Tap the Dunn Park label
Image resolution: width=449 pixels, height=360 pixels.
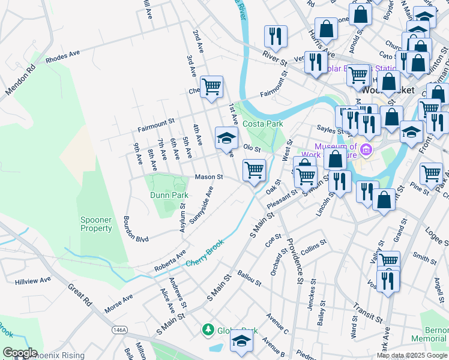pyautogui.click(x=169, y=195)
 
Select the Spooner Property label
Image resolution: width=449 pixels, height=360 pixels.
pyautogui.click(x=96, y=224)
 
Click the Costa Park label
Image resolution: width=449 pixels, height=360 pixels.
pyautogui.click(x=262, y=124)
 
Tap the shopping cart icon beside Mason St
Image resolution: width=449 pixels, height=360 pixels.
pyautogui.click(x=255, y=170)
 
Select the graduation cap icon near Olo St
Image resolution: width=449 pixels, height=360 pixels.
pyautogui.click(x=226, y=138)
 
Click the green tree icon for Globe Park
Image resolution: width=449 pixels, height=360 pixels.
pyautogui.click(x=208, y=329)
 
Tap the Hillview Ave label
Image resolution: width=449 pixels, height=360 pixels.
pyautogui.click(x=34, y=281)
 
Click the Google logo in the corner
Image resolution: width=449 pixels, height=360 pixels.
pyautogui.click(x=20, y=353)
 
